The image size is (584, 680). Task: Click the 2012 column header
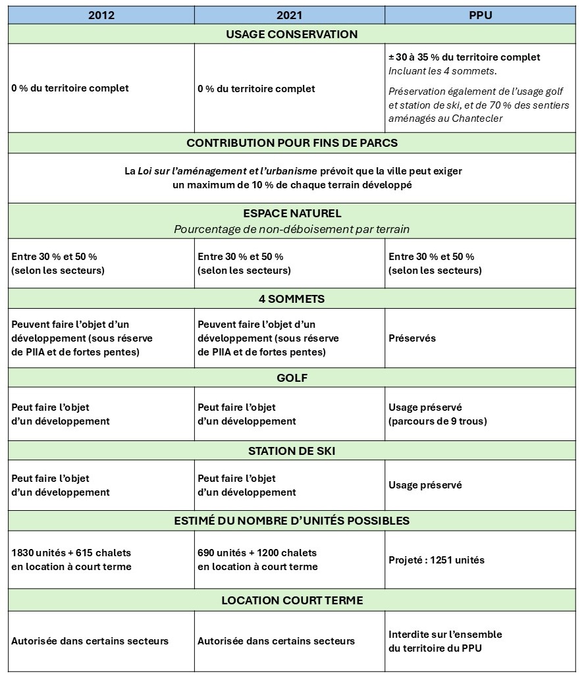click(101, 15)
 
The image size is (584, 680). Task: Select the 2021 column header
click(289, 15)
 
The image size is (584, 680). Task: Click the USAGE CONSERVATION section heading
click(292, 34)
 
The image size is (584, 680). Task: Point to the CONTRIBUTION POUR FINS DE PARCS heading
click(292, 143)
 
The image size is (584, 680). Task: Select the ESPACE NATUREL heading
click(292, 214)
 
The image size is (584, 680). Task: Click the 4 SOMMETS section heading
click(292, 299)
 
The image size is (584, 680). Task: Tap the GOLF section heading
click(292, 378)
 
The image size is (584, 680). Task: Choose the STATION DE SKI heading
click(292, 451)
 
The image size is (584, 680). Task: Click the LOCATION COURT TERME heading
click(292, 600)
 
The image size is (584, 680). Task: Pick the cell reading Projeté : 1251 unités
click(437, 560)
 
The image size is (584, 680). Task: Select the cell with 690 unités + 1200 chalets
click(257, 560)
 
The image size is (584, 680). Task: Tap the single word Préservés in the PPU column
click(412, 338)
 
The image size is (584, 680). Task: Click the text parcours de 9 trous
click(438, 421)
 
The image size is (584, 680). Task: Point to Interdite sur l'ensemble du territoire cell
click(445, 641)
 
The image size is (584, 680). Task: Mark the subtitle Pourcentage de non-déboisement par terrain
click(292, 229)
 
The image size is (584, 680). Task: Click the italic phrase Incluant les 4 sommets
click(442, 71)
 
